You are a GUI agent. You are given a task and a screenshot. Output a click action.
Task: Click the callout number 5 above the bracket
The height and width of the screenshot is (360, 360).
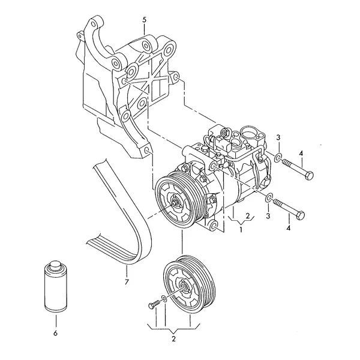(x=144, y=20)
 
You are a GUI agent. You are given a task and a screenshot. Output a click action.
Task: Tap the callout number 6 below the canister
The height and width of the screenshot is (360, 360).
(x=55, y=332)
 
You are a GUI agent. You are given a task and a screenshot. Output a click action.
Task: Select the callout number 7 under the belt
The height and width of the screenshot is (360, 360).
(x=127, y=281)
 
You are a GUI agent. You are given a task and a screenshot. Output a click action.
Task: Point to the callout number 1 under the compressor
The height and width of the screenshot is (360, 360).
(x=241, y=229)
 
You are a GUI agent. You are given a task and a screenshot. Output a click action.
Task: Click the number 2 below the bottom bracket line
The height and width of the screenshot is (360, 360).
(x=173, y=338)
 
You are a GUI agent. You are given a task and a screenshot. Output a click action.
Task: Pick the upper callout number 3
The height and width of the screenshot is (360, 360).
(x=278, y=137)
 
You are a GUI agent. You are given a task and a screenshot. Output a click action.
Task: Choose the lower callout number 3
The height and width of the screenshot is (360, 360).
(x=268, y=216)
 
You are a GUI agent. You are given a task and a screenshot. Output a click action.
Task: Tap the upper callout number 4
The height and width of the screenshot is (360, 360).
(x=301, y=154)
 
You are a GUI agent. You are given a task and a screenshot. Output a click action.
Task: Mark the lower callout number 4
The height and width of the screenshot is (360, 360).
(x=289, y=228)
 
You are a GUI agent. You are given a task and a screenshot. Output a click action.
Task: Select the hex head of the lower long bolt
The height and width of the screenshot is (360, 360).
(x=300, y=215)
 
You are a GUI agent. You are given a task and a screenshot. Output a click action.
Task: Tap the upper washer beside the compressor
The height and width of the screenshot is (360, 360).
(x=278, y=157)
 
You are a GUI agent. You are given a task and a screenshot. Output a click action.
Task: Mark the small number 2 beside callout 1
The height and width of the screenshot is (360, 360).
(x=247, y=215)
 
